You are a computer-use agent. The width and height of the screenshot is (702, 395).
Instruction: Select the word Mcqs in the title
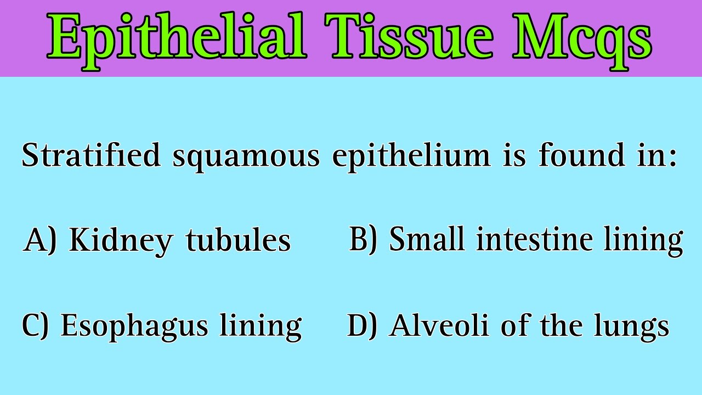[x=581, y=37]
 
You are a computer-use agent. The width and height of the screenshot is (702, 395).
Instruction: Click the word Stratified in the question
[x=91, y=156]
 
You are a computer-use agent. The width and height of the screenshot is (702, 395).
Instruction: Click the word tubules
[x=238, y=240]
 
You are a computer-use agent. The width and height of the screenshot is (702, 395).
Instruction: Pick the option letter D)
[x=363, y=325]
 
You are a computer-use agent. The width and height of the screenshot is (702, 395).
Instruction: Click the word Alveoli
[x=439, y=325]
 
